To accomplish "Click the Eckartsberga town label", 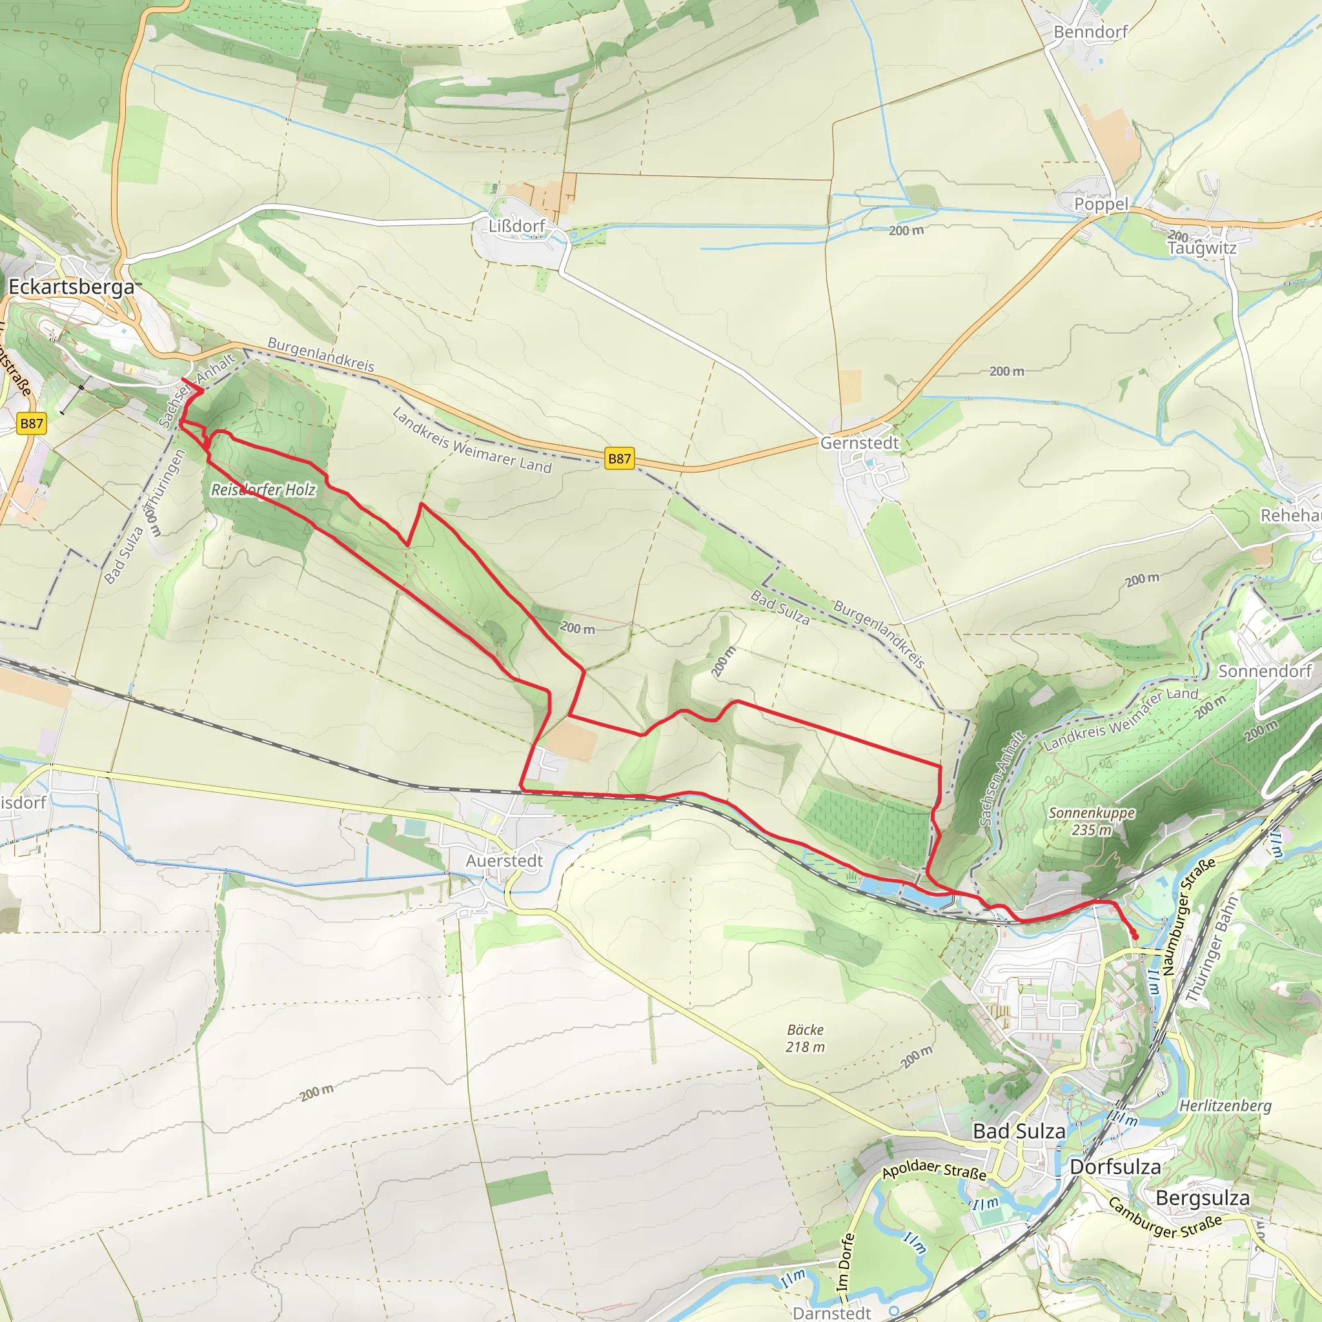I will (71, 287).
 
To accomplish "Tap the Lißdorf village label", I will (516, 226).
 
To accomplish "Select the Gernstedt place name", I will (859, 443).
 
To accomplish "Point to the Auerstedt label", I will (504, 861).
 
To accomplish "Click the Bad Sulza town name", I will (1019, 1131).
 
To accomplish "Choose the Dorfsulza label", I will (1115, 1166).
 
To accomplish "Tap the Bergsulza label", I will (1202, 1198).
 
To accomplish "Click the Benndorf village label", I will (1090, 32).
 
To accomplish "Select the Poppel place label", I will (1101, 204).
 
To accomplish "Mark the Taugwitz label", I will (1201, 248).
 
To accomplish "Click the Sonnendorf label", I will (1265, 671).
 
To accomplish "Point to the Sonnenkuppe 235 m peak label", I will (1092, 821).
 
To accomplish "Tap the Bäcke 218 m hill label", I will (805, 1038).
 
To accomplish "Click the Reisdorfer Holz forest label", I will (263, 489).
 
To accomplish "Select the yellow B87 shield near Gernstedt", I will (619, 458).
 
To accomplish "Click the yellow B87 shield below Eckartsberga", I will (32, 423).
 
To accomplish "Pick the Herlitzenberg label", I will (1225, 1106).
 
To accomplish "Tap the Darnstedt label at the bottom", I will (831, 1312).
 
